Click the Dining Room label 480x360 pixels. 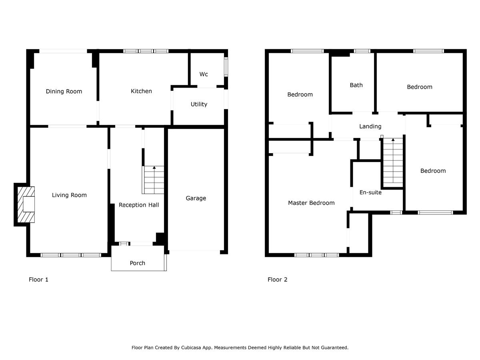click(x=64, y=91)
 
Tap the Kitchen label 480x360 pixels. click(x=141, y=91)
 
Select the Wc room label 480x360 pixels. click(x=204, y=74)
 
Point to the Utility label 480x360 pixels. click(x=199, y=104)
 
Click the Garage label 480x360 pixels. click(x=196, y=198)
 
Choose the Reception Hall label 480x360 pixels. click(x=139, y=205)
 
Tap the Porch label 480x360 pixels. click(x=137, y=263)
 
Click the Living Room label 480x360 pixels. click(x=69, y=195)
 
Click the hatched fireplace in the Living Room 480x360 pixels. click(x=26, y=204)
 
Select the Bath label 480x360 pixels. click(x=356, y=85)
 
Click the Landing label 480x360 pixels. click(x=370, y=126)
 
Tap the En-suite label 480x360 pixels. click(x=370, y=192)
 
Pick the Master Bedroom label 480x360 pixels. click(x=311, y=203)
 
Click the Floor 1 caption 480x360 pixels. click(x=38, y=280)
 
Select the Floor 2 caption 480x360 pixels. click(x=277, y=280)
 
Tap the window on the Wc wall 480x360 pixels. click(x=226, y=67)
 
